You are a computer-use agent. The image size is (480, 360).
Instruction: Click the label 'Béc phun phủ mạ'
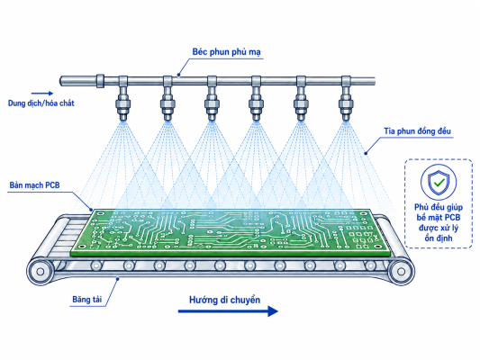(x=227, y=52)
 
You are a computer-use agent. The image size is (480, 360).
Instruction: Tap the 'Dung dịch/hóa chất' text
(x=41, y=103)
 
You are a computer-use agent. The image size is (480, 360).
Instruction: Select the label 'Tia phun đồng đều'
(x=417, y=131)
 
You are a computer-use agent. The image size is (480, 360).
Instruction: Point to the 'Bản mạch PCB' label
(x=34, y=185)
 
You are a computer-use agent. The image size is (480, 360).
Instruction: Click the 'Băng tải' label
(x=87, y=299)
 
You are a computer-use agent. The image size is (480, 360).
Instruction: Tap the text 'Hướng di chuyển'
(x=225, y=300)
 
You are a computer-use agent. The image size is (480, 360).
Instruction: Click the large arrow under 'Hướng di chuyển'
(x=228, y=311)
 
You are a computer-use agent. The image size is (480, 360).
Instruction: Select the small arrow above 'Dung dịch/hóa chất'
(x=42, y=94)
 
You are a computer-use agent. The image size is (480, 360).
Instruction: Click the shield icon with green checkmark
(x=439, y=183)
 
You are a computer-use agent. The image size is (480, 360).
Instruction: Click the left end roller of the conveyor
(x=41, y=271)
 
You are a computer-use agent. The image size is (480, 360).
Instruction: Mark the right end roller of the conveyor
(x=401, y=271)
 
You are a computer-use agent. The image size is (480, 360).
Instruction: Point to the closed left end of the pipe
(x=61, y=81)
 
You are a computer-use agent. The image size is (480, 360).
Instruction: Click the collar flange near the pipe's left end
(x=100, y=81)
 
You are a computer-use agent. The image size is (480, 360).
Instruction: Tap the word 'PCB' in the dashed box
(x=452, y=218)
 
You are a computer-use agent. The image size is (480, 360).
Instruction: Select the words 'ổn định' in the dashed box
(x=439, y=238)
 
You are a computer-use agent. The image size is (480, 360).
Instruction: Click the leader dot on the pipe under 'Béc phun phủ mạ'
(x=179, y=75)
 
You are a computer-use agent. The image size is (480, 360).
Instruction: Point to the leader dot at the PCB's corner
(x=91, y=210)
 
